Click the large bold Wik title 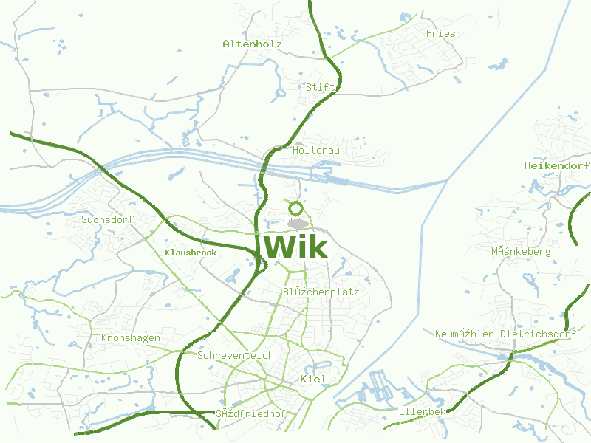click(295, 246)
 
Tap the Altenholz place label click(253, 44)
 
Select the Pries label click(440, 34)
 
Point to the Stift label click(321, 87)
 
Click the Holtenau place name click(316, 151)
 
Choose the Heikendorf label click(556, 166)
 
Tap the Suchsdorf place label click(106, 219)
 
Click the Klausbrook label click(191, 253)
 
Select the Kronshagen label click(130, 338)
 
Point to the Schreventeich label click(236, 356)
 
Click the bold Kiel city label click(313, 379)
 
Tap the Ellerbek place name click(422, 411)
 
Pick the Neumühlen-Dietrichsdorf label click(505, 334)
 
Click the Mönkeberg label click(521, 252)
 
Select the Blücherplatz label click(321, 292)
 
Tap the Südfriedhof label click(250, 413)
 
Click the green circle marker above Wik click(296, 208)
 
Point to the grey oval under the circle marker click(297, 223)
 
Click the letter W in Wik click(277, 246)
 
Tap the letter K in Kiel click(304, 379)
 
